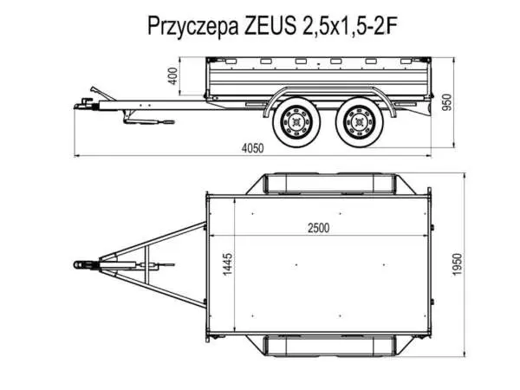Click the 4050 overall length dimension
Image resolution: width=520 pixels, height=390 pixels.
[x=252, y=148]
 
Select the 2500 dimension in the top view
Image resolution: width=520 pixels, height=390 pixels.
[x=318, y=228]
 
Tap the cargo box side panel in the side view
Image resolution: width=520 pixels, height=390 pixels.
[x=321, y=81]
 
